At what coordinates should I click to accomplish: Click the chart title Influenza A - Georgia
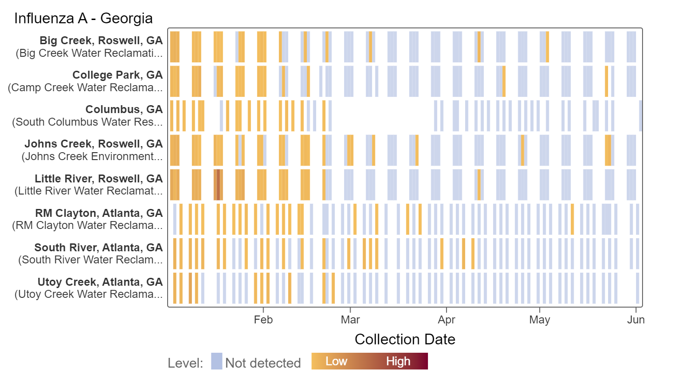pos(83,19)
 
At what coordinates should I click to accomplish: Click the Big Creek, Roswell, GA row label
pos(101,40)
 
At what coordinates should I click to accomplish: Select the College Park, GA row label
pos(117,75)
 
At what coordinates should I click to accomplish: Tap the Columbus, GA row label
pos(124,109)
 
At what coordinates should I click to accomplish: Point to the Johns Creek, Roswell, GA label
pos(94,144)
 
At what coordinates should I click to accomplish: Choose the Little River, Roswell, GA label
pos(99,179)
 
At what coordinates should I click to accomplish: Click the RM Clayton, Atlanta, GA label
pos(99,213)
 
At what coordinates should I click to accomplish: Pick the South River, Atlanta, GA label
pos(98,248)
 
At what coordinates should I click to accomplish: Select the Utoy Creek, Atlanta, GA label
pos(100,282)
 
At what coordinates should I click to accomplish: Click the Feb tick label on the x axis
pos(263,320)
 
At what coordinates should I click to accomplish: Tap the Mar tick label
pos(350,320)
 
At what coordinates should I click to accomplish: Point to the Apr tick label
pos(447,320)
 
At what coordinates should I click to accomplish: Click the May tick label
pos(540,320)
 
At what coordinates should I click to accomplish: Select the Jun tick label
pos(636,320)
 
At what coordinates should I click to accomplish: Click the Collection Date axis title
pos(405,339)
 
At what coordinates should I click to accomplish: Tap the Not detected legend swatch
pos(217,362)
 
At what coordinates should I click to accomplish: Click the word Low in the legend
pos(336,362)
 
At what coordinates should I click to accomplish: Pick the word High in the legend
pos(398,362)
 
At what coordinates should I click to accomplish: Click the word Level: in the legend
pos(185,363)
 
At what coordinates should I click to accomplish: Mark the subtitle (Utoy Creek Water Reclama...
pos(89,294)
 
